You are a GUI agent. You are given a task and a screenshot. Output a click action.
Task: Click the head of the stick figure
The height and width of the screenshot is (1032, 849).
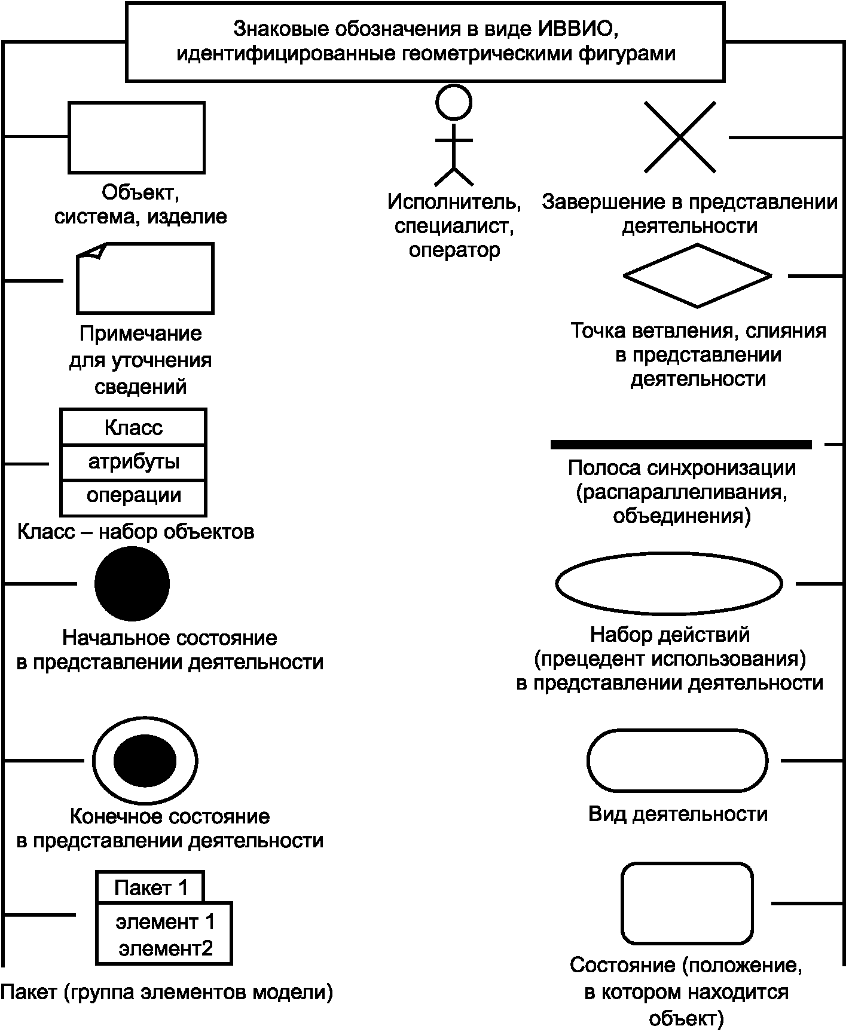454,102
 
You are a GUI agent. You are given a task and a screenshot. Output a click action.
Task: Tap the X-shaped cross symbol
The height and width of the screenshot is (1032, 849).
680,137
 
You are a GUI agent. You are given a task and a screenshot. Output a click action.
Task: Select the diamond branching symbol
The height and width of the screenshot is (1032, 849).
697,275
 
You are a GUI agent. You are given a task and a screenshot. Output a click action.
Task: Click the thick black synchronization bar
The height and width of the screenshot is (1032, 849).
681,445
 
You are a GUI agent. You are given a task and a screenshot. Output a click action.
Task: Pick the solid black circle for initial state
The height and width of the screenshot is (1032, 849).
132,583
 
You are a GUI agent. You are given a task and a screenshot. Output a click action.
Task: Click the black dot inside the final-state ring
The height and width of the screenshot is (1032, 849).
145,761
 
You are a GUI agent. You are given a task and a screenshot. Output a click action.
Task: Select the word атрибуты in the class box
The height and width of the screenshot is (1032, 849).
134,463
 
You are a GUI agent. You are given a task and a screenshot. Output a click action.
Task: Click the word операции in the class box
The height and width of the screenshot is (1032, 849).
134,496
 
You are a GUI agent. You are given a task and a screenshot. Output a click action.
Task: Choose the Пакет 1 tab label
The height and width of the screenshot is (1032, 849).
151,889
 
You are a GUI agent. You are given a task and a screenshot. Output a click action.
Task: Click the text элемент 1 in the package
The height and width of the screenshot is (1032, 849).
165,921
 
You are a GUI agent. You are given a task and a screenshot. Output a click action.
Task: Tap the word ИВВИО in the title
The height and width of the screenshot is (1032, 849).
575,28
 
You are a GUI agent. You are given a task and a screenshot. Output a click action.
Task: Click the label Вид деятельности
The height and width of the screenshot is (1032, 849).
678,814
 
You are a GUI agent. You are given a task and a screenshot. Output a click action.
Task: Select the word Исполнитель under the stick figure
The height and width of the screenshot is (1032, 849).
454,202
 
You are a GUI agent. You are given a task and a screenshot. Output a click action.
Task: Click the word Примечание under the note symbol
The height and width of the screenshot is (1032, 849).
141,333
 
